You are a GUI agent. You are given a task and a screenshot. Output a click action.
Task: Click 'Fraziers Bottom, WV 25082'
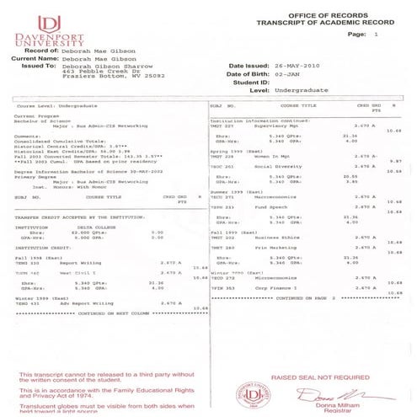pos(115,77)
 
